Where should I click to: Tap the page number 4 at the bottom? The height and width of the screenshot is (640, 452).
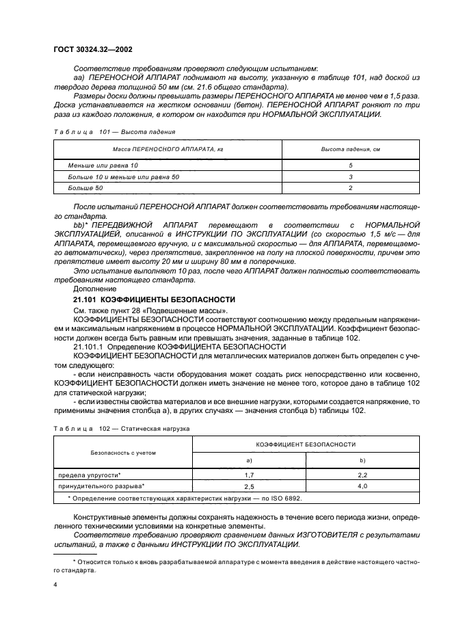pyautogui.click(x=55, y=585)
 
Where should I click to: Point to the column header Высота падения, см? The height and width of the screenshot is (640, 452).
pyautogui.click(x=350, y=148)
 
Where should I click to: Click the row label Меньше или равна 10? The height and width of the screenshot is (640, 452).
pyautogui.click(x=103, y=165)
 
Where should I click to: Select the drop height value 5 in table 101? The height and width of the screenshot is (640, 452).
pyautogui.click(x=350, y=165)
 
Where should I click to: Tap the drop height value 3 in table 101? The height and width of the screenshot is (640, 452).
pyautogui.click(x=350, y=176)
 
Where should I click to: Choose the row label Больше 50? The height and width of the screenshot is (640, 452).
pyautogui.click(x=85, y=187)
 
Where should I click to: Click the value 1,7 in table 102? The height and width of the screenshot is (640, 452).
pyautogui.click(x=250, y=474)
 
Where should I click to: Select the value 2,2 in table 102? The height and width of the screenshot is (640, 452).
pyautogui.click(x=362, y=474)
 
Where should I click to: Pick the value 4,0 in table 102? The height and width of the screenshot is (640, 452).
pyautogui.click(x=362, y=485)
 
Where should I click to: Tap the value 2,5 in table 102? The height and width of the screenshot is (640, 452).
pyautogui.click(x=250, y=485)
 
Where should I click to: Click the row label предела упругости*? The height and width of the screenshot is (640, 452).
pyautogui.click(x=90, y=474)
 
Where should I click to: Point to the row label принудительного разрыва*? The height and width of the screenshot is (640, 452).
pyautogui.click(x=101, y=485)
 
